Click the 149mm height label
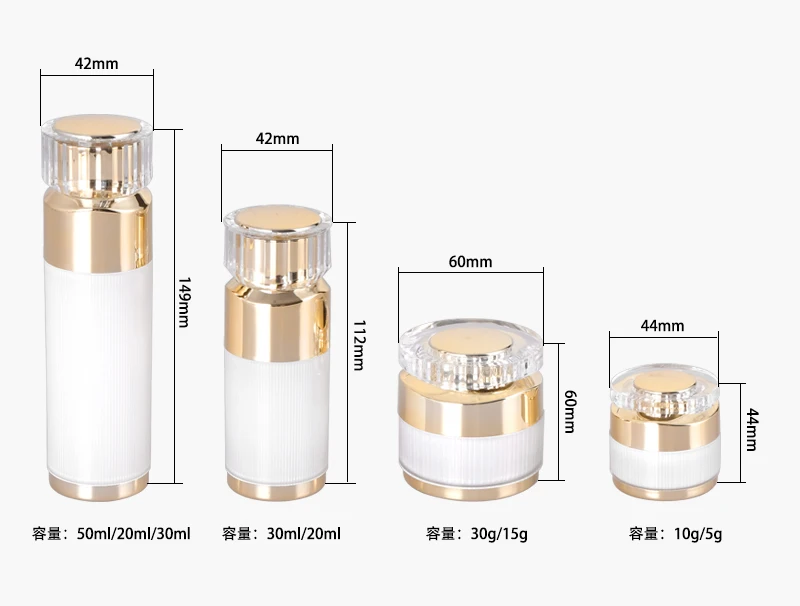184,302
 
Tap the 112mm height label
359,345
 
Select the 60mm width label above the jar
470,262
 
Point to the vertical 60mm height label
570,412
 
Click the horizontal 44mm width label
662,325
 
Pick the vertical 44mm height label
753,430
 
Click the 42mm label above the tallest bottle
96,64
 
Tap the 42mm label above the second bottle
278,139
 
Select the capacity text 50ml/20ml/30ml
134,534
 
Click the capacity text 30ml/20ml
304,534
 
